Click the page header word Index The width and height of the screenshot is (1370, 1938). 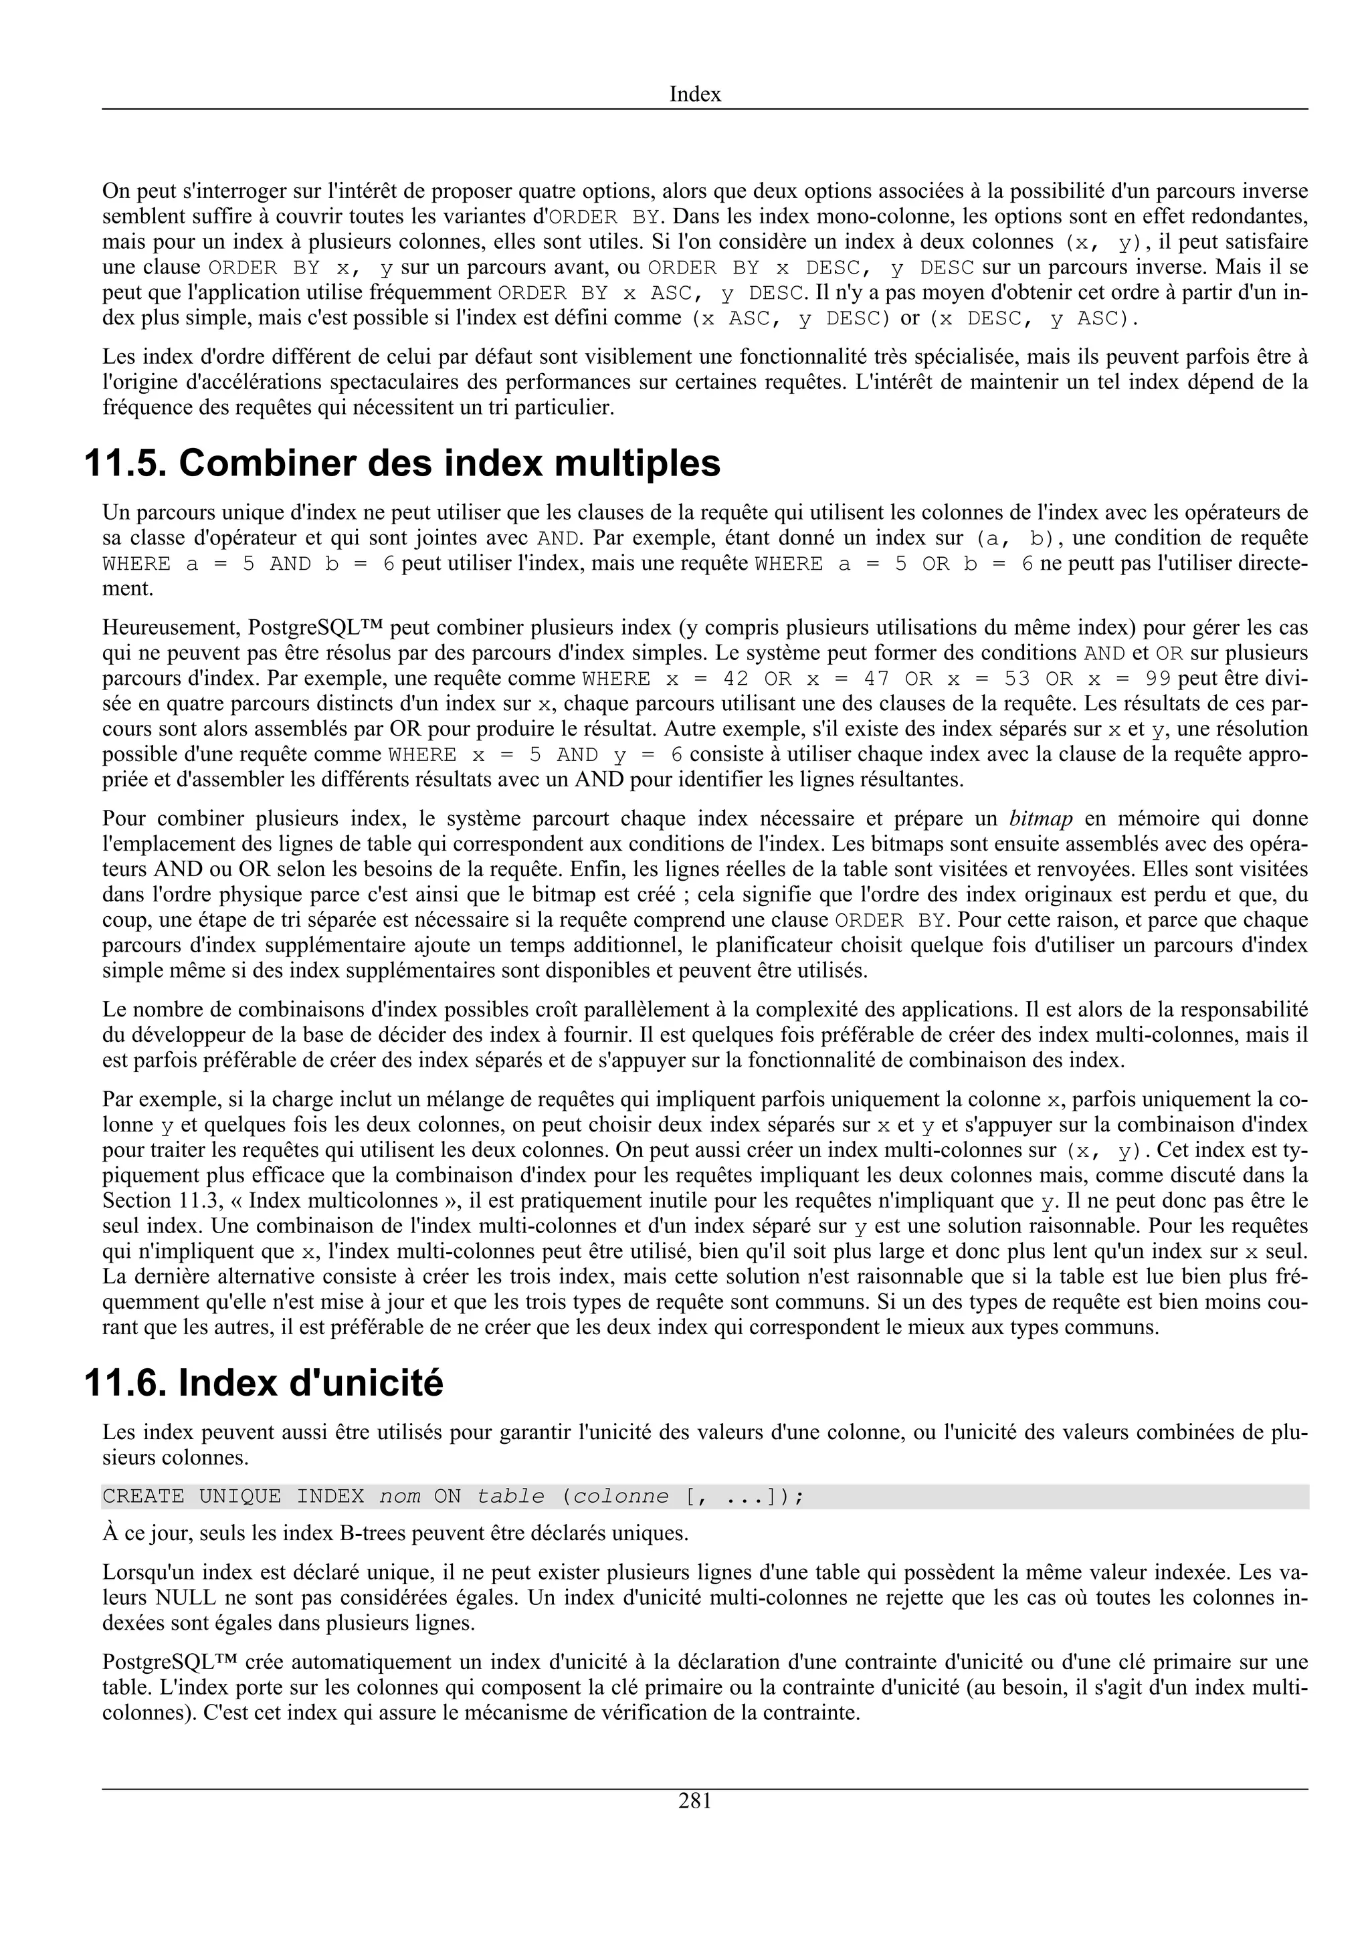tap(695, 94)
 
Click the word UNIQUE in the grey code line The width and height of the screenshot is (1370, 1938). tap(239, 1497)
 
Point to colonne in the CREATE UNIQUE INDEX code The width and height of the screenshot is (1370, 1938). tap(621, 1497)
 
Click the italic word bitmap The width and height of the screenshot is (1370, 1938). tap(1041, 818)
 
